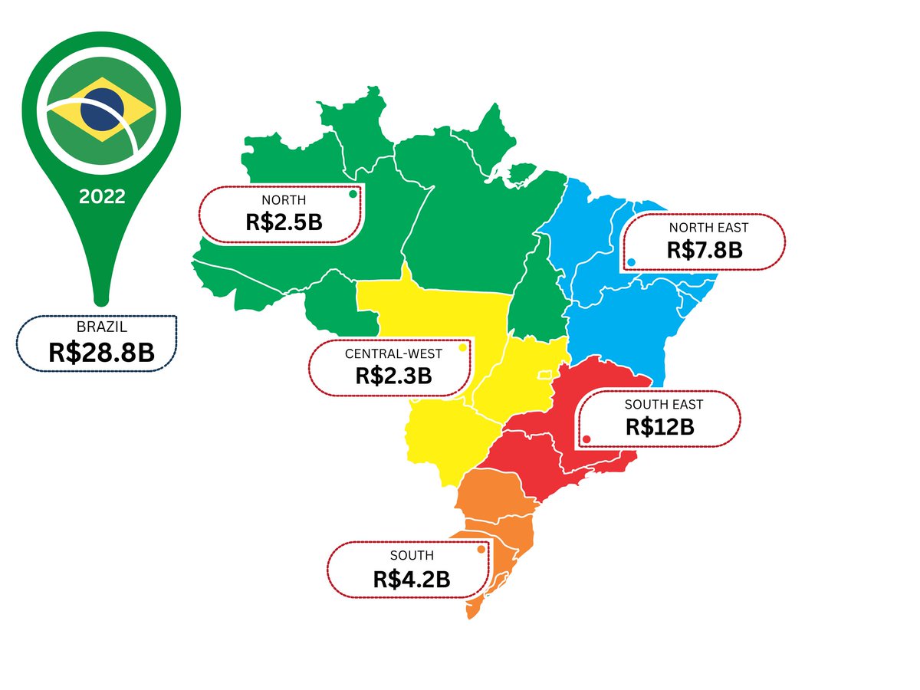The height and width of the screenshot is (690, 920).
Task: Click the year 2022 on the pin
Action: [102, 196]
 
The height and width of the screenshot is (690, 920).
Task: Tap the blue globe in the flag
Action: [102, 108]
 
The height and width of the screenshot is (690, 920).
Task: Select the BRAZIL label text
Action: [97, 327]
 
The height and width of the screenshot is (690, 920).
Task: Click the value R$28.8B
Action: [101, 352]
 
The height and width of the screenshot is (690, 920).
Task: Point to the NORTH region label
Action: [284, 201]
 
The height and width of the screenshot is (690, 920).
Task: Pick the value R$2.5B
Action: [284, 222]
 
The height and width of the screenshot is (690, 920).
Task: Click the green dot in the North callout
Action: [353, 194]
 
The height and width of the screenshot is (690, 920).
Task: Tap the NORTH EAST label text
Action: [708, 228]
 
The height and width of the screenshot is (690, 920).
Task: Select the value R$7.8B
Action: [705, 249]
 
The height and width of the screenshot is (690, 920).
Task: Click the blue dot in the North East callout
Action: [631, 262]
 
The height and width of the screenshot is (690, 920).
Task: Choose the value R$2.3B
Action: [393, 376]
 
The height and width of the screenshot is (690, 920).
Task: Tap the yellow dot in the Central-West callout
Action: [462, 348]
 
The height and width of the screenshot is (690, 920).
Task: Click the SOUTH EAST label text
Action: [664, 404]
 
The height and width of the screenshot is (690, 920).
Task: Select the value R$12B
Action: [660, 426]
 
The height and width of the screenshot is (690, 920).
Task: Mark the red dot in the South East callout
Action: [586, 439]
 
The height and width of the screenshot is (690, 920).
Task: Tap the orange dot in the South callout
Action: [481, 549]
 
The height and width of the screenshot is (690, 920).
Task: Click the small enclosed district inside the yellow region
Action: [545, 375]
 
